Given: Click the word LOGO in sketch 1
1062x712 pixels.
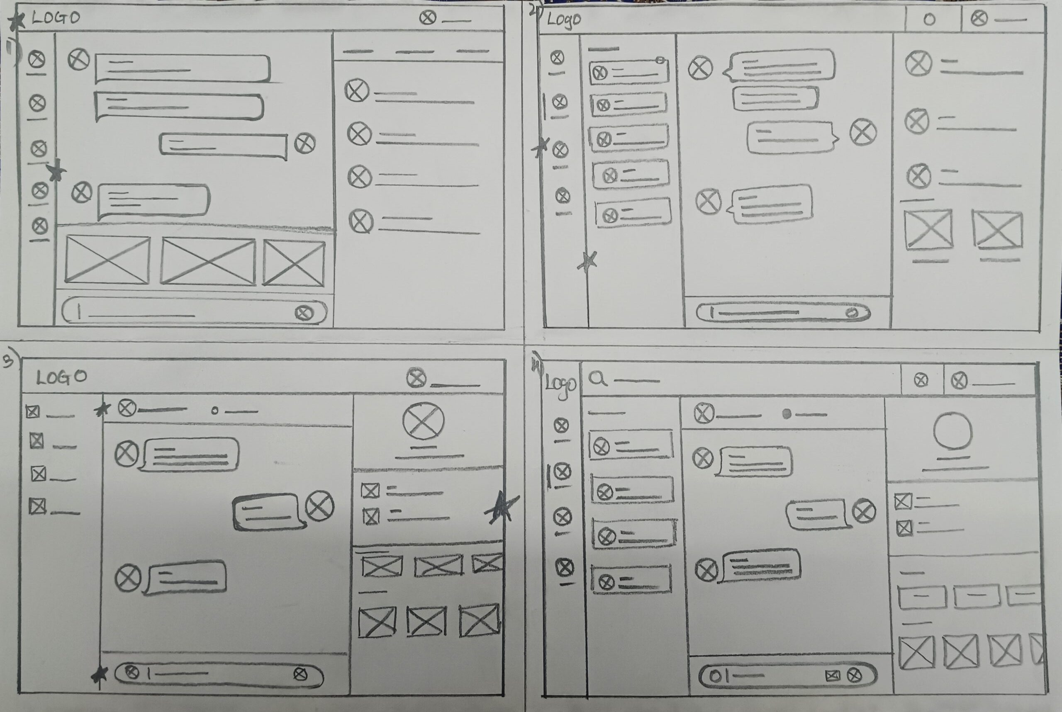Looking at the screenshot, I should [x=56, y=18].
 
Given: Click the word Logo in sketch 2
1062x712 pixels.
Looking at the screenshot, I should [x=564, y=19].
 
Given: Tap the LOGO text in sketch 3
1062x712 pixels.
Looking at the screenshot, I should [x=61, y=377].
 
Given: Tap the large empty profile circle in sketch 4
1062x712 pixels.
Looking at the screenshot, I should [x=952, y=431].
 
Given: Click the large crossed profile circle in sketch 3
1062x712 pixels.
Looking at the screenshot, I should [x=423, y=421].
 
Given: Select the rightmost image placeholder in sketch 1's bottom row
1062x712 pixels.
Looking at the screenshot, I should [x=294, y=263].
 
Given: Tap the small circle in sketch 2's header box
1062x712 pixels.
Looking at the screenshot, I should [x=929, y=20].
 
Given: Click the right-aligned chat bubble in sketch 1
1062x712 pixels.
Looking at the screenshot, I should [x=224, y=145].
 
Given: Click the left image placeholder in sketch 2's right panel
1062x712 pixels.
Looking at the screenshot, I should [x=928, y=229].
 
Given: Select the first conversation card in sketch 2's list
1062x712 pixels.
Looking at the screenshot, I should [x=628, y=73].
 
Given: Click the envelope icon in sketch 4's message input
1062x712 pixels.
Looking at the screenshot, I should [x=832, y=676].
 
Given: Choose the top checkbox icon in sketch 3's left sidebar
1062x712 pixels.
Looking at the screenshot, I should [x=32, y=412].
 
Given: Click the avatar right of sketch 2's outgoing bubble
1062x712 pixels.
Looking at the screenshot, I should [x=862, y=133].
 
